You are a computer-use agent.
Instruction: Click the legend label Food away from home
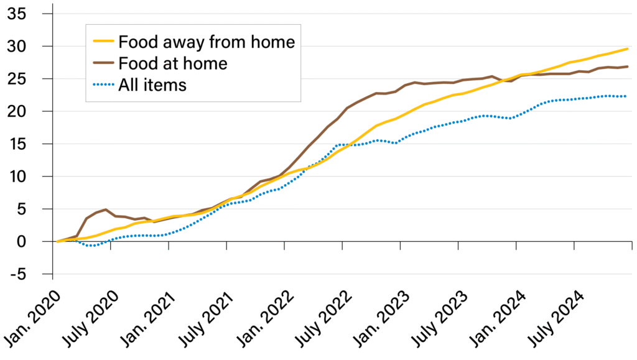pyautogui.click(x=206, y=42)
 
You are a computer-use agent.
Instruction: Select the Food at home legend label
pyautogui.click(x=172, y=63)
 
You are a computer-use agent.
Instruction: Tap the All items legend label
pyautogui.click(x=152, y=85)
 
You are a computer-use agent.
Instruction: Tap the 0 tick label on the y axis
pyautogui.click(x=38, y=242)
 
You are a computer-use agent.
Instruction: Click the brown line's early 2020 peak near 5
pyautogui.click(x=106, y=210)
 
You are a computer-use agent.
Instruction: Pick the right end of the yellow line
pyautogui.click(x=626, y=48)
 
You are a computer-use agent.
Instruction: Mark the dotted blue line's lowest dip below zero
pyautogui.click(x=91, y=246)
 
